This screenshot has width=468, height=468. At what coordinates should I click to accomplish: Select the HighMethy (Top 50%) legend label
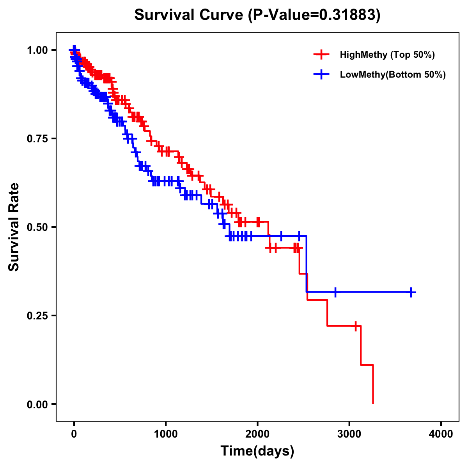pos(387,55)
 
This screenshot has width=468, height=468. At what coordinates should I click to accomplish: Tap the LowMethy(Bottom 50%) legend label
pos(393,75)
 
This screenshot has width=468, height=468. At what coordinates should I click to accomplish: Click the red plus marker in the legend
pos(321,55)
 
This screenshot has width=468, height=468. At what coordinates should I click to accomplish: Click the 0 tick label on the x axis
pos(74,434)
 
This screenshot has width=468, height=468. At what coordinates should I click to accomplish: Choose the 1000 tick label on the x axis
pos(166,434)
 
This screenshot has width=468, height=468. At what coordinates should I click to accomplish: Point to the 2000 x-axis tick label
pos(257,434)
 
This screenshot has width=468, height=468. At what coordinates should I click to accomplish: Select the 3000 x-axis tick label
pos(349,434)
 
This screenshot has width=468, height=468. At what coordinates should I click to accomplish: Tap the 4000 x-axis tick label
pos(441,434)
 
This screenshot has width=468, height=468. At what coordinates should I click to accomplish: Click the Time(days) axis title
pos(257,451)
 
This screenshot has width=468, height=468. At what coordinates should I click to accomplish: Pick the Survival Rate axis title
pos(14,227)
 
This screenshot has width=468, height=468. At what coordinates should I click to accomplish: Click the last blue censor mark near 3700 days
pos(411,292)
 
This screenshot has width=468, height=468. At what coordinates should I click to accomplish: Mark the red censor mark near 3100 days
pos(355,326)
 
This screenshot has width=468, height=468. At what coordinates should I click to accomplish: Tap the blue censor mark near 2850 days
pos(335,292)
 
